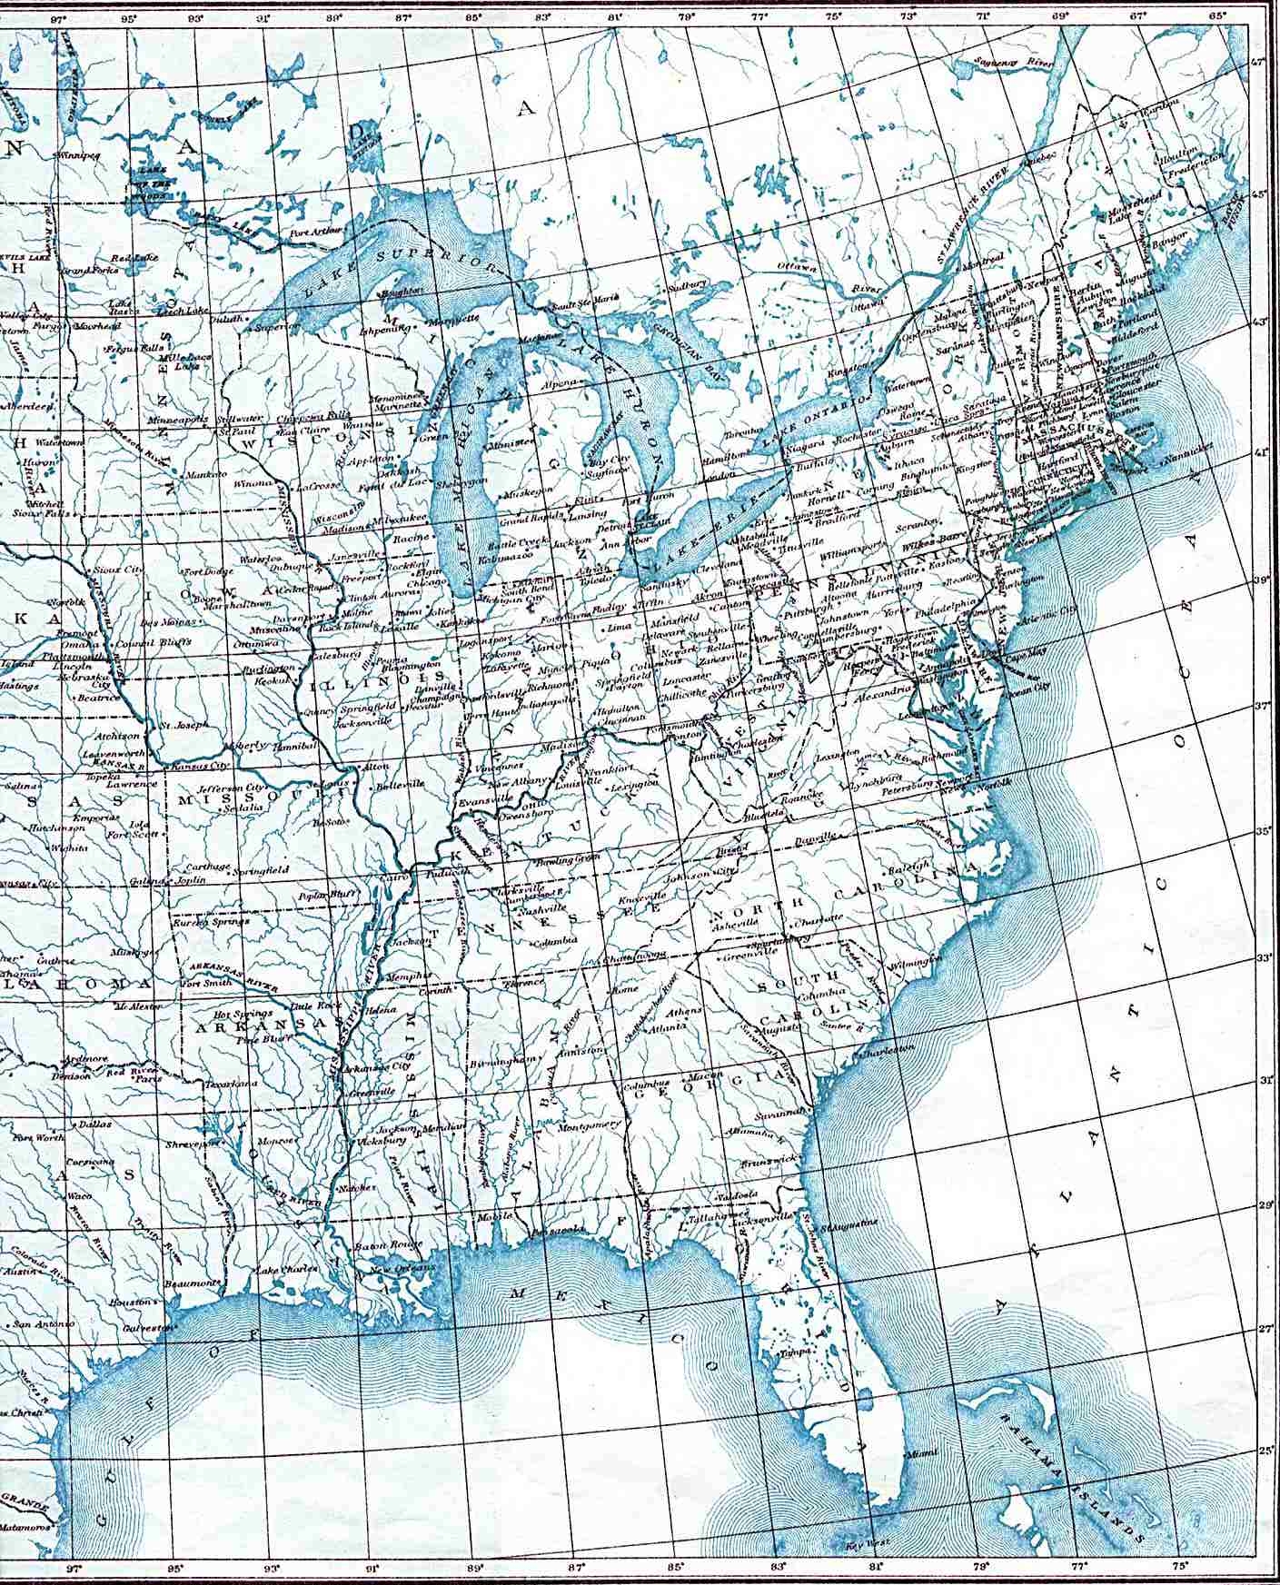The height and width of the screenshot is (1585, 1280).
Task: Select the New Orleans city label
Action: (x=391, y=1268)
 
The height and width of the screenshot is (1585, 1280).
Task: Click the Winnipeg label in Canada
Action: (x=75, y=155)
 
